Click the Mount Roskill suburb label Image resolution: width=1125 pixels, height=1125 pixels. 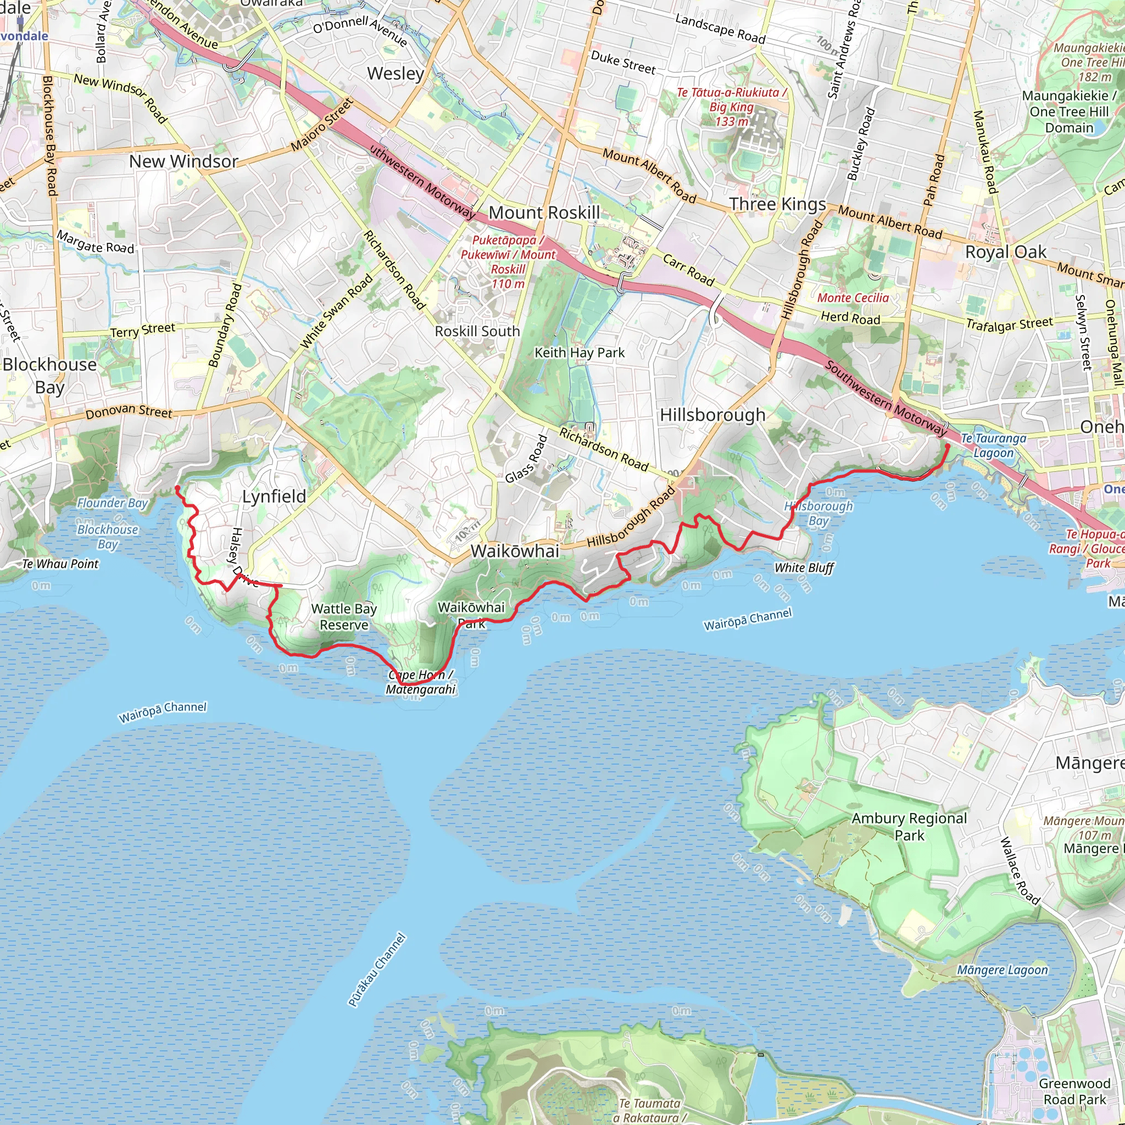point(544,213)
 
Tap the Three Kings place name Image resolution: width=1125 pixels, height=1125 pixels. point(777,204)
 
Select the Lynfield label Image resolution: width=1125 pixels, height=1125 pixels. point(274,497)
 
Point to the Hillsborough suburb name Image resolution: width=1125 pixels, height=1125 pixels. point(712,415)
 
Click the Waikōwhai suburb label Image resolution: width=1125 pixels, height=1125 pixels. point(515,551)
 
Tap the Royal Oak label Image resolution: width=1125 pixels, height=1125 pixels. point(1006,252)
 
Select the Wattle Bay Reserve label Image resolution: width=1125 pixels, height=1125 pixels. point(343,617)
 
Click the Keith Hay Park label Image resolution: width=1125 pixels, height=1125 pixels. point(580,353)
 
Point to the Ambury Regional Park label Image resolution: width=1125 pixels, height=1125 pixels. point(909,827)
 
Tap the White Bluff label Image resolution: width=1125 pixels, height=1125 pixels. point(804,568)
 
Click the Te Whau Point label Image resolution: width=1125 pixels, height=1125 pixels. point(60,564)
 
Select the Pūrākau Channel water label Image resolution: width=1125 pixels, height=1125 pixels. point(377,970)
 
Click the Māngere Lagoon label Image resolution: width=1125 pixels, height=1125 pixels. point(1002,970)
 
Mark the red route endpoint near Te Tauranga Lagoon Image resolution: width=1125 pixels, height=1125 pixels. point(947,447)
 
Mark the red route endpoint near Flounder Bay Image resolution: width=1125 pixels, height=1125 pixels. point(177,488)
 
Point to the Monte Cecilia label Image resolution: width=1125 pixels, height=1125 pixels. point(853,298)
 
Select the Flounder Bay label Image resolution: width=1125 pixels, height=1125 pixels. point(113,503)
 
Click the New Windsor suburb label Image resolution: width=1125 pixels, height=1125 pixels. point(183,161)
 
